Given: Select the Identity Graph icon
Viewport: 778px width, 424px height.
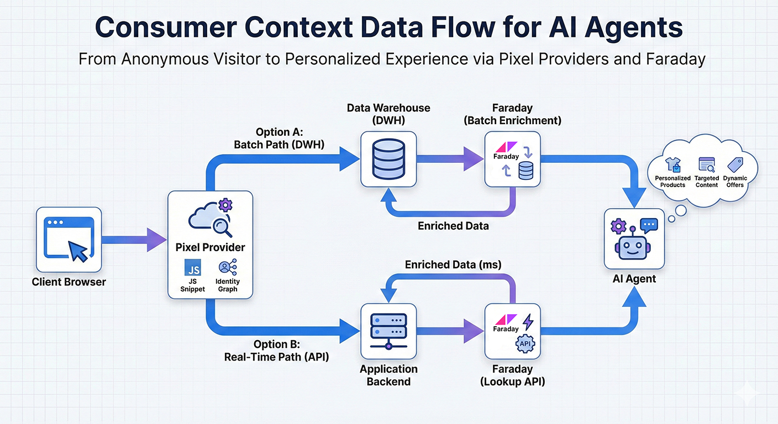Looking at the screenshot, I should (x=227, y=268).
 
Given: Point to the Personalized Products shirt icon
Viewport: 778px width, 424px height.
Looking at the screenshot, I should (x=672, y=165).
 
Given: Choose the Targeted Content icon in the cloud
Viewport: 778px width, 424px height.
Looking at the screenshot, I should (x=707, y=164).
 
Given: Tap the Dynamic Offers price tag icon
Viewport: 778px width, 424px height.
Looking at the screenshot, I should (x=735, y=165).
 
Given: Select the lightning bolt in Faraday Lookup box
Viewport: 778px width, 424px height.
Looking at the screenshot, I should (x=528, y=321).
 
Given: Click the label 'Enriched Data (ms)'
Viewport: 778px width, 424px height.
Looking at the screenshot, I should (x=453, y=264).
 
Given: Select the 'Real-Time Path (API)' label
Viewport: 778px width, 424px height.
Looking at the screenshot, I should (x=276, y=357).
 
